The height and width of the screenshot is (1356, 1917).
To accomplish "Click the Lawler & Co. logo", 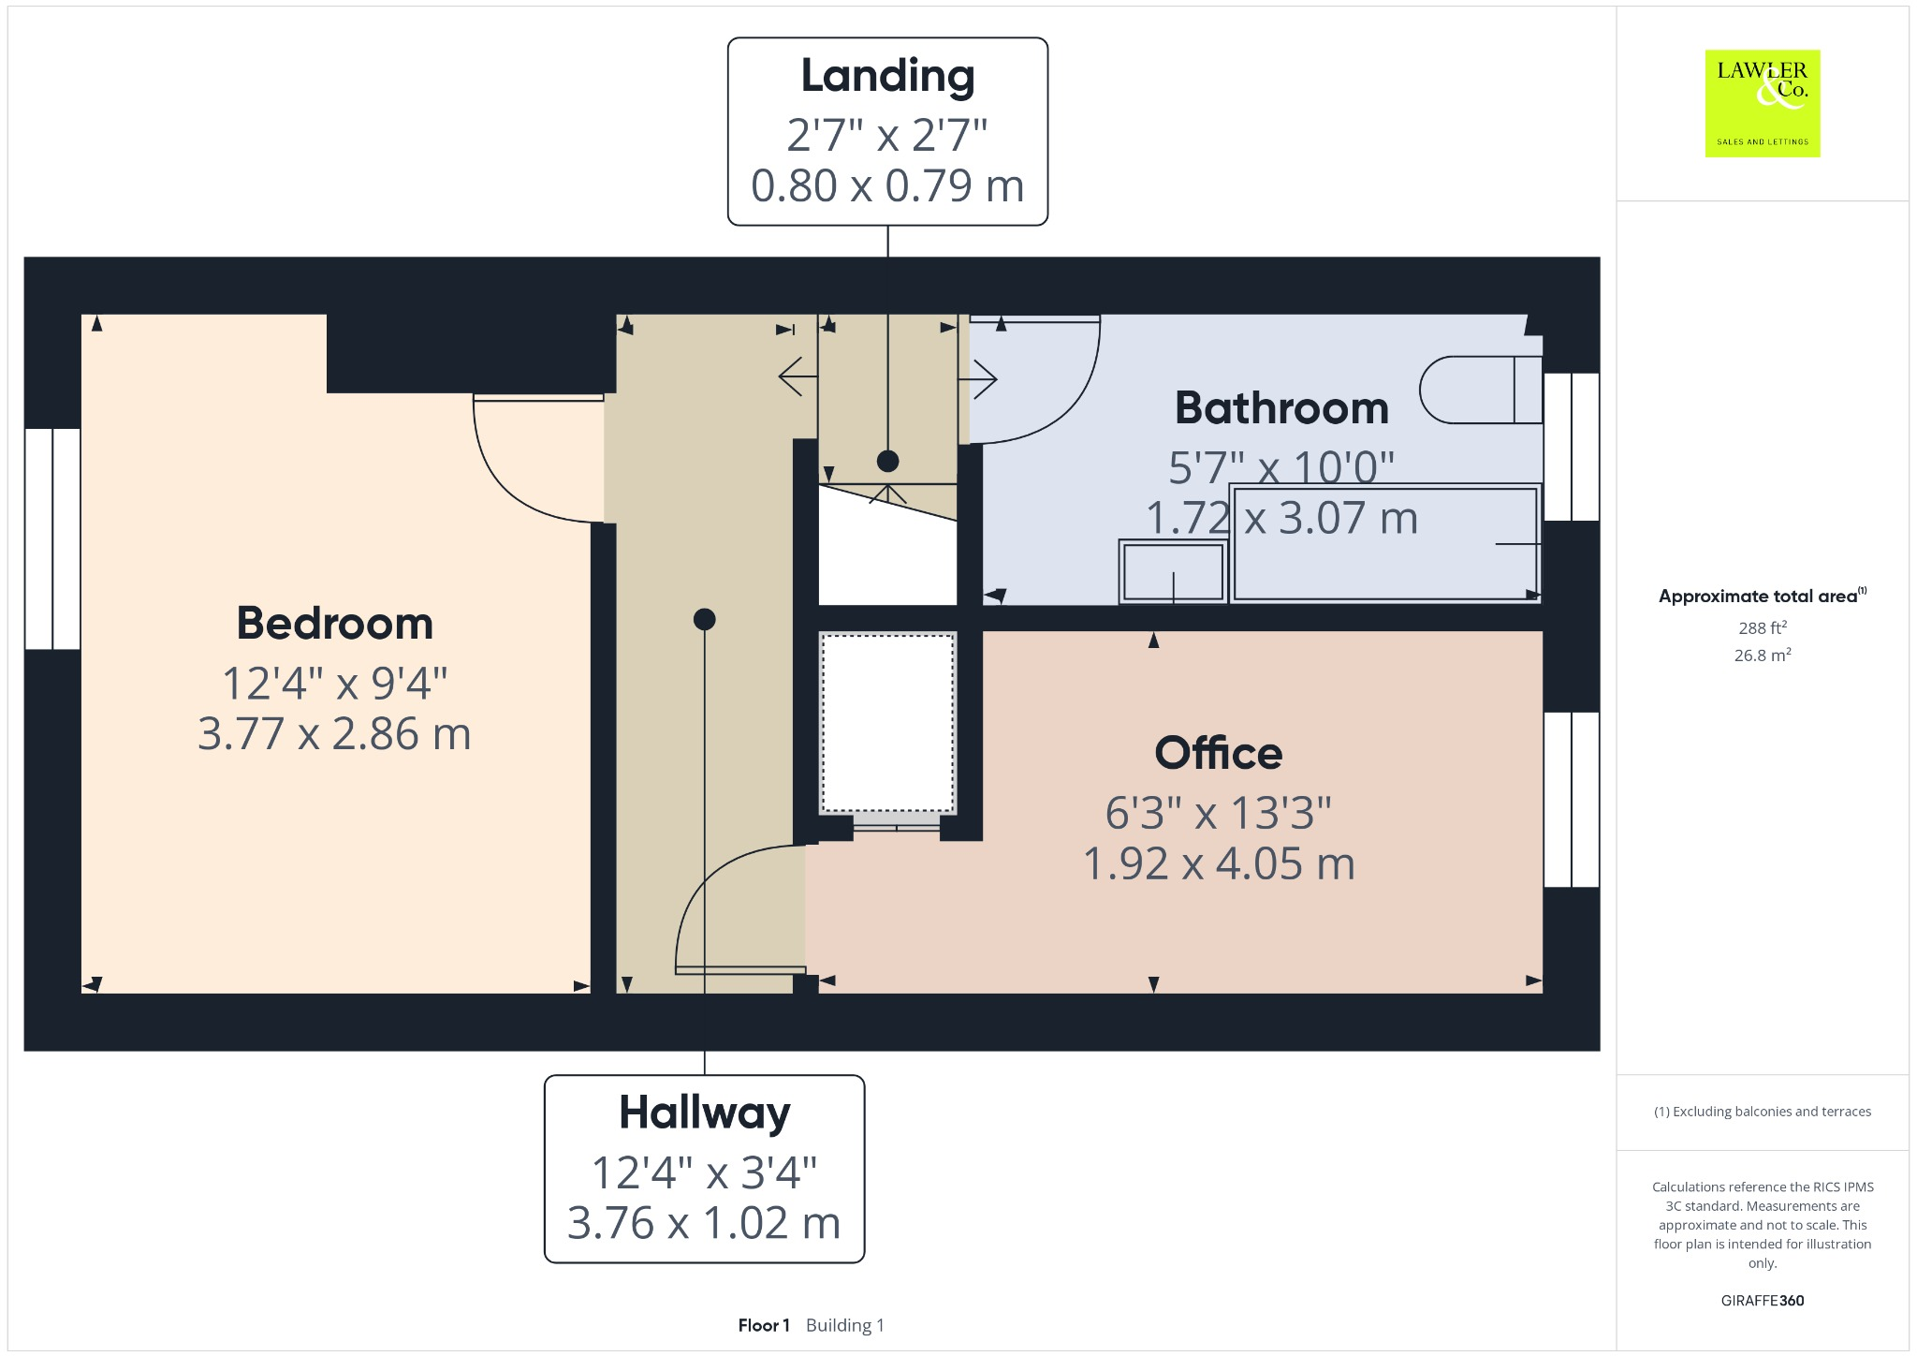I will coord(1762,103).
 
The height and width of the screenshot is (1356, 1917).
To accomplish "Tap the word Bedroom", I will coord(334,624).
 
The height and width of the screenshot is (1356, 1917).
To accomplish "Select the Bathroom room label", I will coord(1281,408).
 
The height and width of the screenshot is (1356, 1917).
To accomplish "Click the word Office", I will coord(1218,753).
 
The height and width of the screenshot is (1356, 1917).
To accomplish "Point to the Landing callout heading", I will coord(887,76).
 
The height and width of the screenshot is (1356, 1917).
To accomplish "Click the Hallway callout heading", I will coord(704,1113).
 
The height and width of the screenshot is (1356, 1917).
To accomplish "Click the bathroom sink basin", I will coord(1173,571).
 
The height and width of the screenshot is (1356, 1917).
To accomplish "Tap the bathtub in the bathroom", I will coord(1385,543).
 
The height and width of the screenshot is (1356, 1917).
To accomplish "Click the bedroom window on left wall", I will coord(52,538).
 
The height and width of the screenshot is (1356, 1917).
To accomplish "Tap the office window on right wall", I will coord(1571,799).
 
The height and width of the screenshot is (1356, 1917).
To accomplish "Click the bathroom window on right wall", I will coord(1571,447).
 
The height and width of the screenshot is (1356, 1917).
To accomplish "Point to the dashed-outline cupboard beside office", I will coord(887,723).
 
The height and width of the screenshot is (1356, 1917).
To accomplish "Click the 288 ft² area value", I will coord(1762,627).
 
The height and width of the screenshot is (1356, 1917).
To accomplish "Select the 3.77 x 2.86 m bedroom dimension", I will coord(334,734).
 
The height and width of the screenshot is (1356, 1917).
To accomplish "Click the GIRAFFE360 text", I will coord(1762,1300).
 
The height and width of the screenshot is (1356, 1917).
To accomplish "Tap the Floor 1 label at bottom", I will coord(764,1325).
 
